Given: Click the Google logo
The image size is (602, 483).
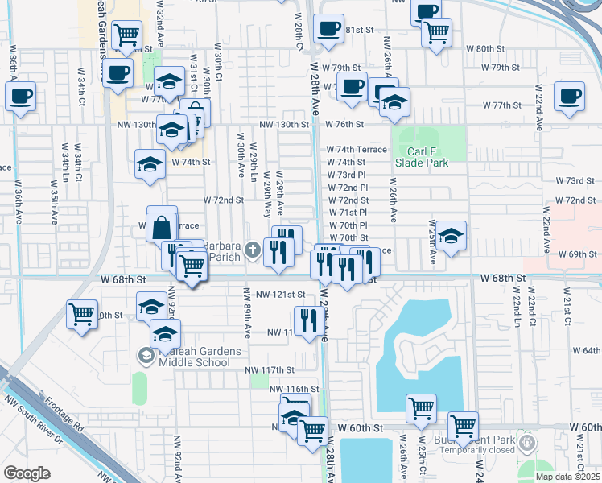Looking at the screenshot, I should click(x=27, y=473).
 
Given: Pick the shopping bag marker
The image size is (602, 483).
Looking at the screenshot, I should click(x=162, y=226).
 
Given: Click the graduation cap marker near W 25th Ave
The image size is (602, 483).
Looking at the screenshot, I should click(x=451, y=237).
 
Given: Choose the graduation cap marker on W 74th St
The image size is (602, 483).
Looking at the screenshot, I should click(x=150, y=164).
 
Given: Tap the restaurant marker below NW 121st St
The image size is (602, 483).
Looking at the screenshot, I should click(x=309, y=321).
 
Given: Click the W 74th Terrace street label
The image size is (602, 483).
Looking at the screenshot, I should click(x=357, y=150).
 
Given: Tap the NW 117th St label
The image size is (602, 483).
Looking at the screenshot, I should click(x=270, y=369).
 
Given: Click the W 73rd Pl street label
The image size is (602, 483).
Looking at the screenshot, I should click(x=347, y=175).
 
